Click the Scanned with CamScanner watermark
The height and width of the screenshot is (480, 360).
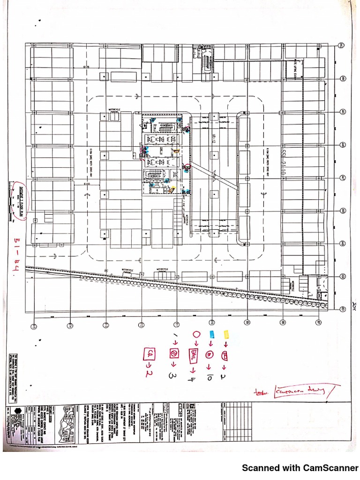pos(300,467)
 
